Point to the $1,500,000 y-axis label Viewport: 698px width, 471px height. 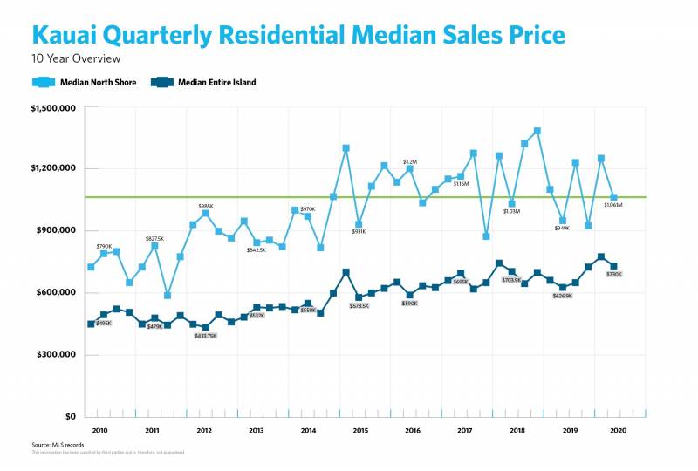53,108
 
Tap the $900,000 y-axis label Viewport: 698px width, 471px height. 55,231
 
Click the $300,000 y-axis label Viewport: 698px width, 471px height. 55,355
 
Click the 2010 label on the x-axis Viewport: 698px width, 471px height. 99,431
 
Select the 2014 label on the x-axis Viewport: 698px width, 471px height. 308,431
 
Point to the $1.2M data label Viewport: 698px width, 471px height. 410,161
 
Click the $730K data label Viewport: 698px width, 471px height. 613,275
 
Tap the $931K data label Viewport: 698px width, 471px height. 359,232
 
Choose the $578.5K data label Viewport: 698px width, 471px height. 359,305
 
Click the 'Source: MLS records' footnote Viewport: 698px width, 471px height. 54,445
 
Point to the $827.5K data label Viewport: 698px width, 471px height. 154,238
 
